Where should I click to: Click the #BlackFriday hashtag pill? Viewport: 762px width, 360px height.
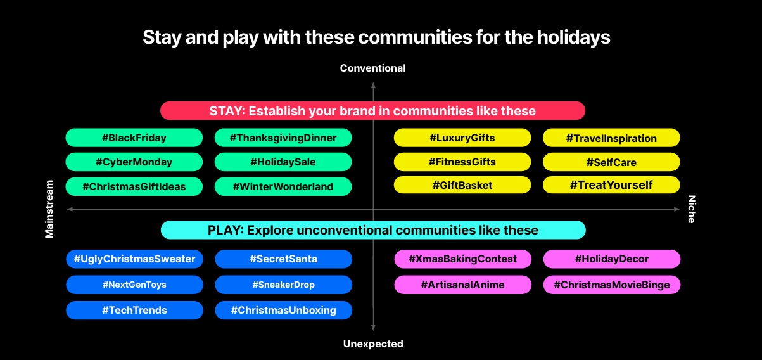pyautogui.click(x=134, y=138)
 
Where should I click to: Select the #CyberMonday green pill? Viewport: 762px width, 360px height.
pyautogui.click(x=134, y=162)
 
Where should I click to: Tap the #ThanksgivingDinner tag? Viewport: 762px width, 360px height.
pyautogui.click(x=283, y=138)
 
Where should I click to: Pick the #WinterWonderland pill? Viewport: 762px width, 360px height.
pyautogui.click(x=283, y=186)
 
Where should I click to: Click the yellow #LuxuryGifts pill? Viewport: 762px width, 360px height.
pyautogui.click(x=462, y=138)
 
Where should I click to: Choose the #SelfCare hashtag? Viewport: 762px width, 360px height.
pyautogui.click(x=611, y=162)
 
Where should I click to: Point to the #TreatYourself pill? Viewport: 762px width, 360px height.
pyautogui.click(x=611, y=185)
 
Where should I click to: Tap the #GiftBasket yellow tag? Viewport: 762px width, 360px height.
pyautogui.click(x=462, y=185)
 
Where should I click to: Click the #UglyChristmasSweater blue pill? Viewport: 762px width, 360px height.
pyautogui.click(x=134, y=259)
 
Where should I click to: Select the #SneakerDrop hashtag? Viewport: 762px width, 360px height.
pyautogui.click(x=283, y=285)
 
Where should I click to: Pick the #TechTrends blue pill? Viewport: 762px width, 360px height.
pyautogui.click(x=134, y=310)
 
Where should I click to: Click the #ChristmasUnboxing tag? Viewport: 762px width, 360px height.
pyautogui.click(x=283, y=310)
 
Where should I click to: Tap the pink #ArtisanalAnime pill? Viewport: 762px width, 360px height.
pyautogui.click(x=462, y=285)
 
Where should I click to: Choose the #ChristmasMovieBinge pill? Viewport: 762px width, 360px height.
pyautogui.click(x=612, y=285)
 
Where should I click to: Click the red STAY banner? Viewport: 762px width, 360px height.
pyautogui.click(x=372, y=110)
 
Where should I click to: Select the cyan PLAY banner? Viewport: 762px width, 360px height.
pyautogui.click(x=373, y=230)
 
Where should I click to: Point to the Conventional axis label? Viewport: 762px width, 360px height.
pyautogui.click(x=373, y=68)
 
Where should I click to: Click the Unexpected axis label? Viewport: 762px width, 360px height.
pyautogui.click(x=373, y=344)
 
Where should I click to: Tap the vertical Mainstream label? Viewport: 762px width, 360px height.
pyautogui.click(x=49, y=209)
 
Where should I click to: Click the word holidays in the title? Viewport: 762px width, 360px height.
pyautogui.click(x=573, y=37)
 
